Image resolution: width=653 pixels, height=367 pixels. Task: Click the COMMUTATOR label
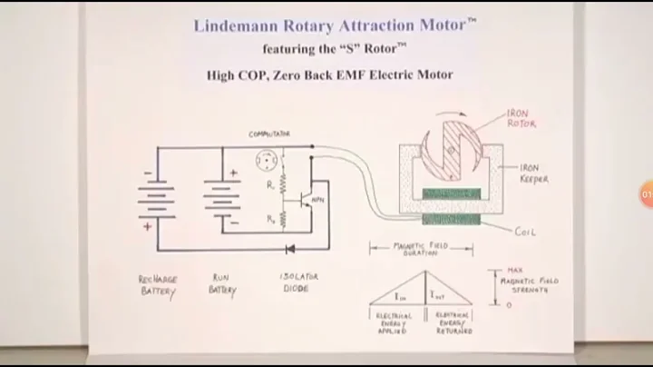point(269,134)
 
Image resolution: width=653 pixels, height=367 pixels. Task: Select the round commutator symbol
point(269,161)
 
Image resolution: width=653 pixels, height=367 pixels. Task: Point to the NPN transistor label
point(317,198)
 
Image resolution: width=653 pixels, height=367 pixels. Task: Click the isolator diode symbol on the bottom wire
point(291,247)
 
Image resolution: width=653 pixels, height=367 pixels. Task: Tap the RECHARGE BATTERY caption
point(158,284)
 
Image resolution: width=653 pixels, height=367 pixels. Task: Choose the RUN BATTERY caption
point(222,284)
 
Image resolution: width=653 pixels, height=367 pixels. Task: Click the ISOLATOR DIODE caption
point(299,284)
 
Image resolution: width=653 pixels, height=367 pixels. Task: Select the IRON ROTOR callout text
point(521,118)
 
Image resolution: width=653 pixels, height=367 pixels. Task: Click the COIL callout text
point(526,232)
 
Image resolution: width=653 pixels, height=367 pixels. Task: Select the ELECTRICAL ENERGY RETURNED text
point(453,323)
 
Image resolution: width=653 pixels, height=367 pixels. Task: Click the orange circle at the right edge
point(646,194)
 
